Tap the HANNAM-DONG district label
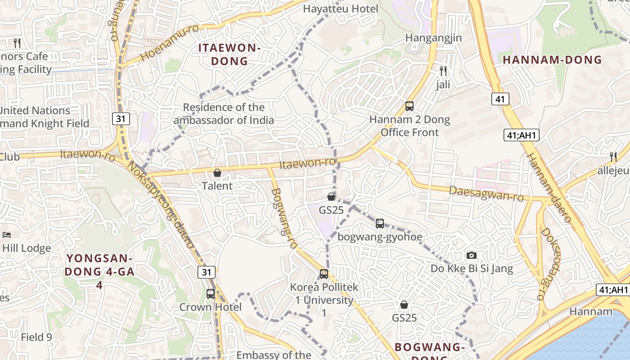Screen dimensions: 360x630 pyautogui.click(x=552, y=59)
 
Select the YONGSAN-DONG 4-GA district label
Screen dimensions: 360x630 pyautogui.click(x=99, y=271)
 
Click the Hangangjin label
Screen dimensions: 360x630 pyautogui.click(x=433, y=37)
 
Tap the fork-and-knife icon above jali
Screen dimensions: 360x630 pyautogui.click(x=443, y=71)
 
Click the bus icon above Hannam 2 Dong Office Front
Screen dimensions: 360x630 pyautogui.click(x=409, y=106)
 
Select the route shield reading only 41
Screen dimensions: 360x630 pyautogui.click(x=500, y=99)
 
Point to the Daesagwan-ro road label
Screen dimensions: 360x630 pyautogui.click(x=486, y=194)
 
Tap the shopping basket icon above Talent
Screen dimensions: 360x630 pyautogui.click(x=217, y=173)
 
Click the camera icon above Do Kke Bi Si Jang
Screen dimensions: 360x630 pyautogui.click(x=472, y=255)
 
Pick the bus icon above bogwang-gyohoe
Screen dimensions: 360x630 pyautogui.click(x=380, y=223)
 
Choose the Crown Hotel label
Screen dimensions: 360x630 pyautogui.click(x=211, y=307)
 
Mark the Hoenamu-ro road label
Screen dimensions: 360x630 pyautogui.click(x=169, y=43)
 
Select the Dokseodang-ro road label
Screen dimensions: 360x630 pyautogui.click(x=547, y=263)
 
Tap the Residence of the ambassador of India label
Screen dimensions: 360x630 pyautogui.click(x=224, y=113)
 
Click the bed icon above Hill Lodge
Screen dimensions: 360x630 pyautogui.click(x=6, y=235)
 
